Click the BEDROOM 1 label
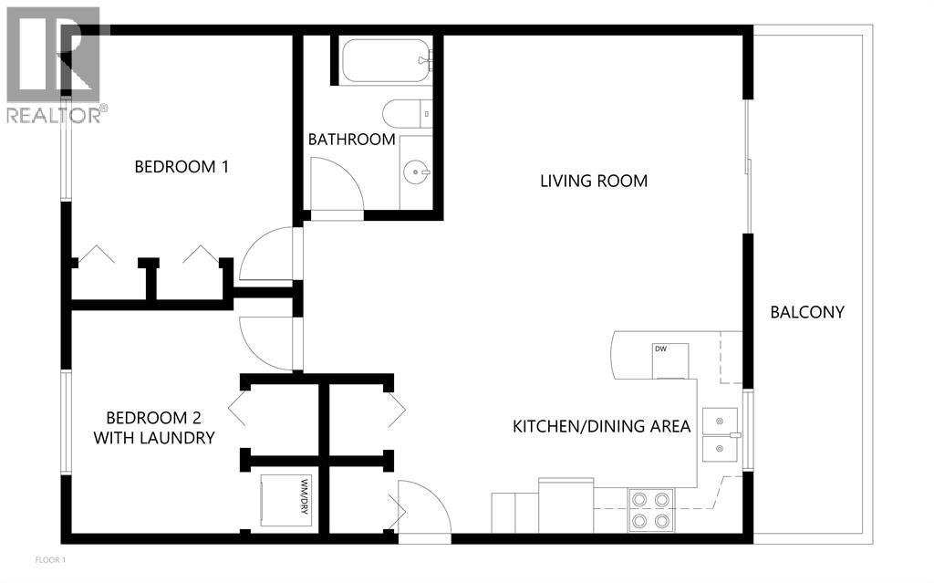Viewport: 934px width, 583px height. [x=181, y=167]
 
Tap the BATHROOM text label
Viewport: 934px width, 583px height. [x=351, y=140]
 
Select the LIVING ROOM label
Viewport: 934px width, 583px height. [x=594, y=181]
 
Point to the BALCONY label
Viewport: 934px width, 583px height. [x=807, y=312]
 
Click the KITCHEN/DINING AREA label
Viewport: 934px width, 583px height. [x=601, y=426]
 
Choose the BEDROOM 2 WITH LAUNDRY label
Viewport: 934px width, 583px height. [x=153, y=428]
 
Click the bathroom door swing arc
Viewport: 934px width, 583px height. [x=337, y=185]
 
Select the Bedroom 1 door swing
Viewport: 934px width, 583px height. [x=266, y=254]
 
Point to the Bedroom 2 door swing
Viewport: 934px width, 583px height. [x=266, y=342]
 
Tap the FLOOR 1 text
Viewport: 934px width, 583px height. [x=50, y=559]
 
